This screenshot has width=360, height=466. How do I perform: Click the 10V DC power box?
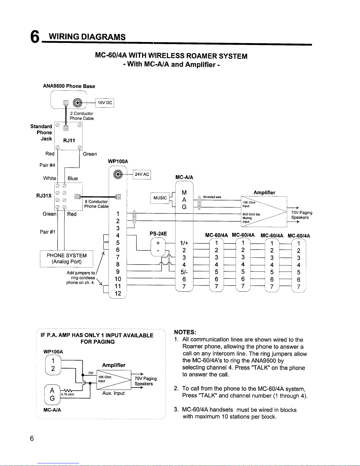tap(105, 103)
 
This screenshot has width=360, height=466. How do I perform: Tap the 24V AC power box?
tap(142, 174)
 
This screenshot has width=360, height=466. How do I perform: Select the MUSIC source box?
tap(160, 198)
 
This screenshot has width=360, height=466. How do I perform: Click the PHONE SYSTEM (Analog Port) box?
tap(66, 259)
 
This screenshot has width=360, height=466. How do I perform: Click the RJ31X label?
tap(44, 196)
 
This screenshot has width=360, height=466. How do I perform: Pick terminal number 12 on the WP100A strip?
tap(118, 293)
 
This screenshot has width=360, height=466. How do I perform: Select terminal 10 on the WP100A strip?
tap(118, 279)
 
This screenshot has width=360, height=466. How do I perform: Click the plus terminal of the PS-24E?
tap(158, 243)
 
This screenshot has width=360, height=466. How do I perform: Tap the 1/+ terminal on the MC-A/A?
tap(184, 243)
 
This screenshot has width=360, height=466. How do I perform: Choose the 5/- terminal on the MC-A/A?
tap(184, 272)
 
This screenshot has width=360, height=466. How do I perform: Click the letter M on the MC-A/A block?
tap(184, 193)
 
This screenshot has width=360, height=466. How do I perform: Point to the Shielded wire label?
tap(212, 197)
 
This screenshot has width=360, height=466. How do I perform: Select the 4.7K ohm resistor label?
tap(67, 394)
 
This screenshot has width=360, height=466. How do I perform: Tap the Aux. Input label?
tap(113, 393)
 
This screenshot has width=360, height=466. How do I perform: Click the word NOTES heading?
tap(185, 332)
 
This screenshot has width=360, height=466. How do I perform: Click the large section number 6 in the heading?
tap(35, 38)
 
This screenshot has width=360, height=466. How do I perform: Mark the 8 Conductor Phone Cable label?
tap(96, 204)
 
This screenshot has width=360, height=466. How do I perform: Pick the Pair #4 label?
tap(47, 165)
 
